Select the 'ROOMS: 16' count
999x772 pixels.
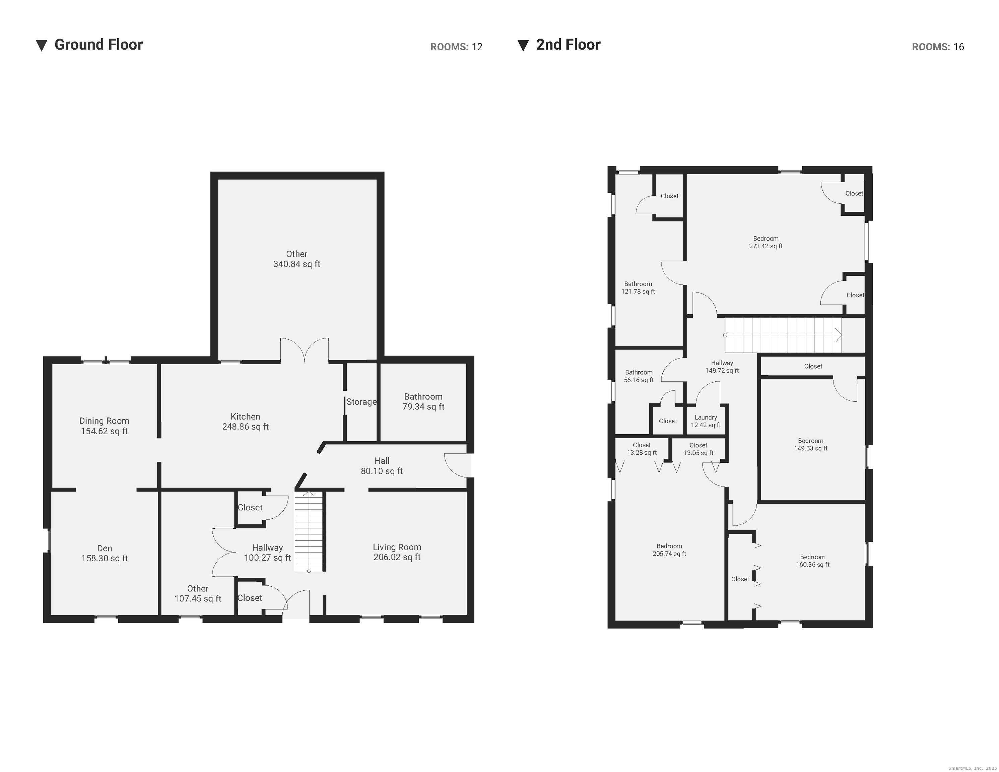[x=938, y=47]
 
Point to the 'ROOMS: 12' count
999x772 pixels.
[x=456, y=47]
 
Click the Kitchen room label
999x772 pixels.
[x=245, y=416]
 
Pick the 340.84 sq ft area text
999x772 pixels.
[x=296, y=264]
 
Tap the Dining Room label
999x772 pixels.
[x=104, y=421]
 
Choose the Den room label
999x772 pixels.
[x=104, y=548]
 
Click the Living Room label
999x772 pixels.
[x=397, y=547]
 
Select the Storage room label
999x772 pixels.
[x=361, y=402]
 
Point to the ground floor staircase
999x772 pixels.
[x=309, y=531]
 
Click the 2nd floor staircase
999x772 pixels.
[x=783, y=335]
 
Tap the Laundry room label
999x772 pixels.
[x=706, y=417]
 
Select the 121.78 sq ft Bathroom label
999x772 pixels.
[x=638, y=288]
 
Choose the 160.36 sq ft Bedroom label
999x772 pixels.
[x=812, y=561]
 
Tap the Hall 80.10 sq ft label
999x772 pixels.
[x=382, y=466]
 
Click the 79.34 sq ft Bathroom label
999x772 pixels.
[x=423, y=401]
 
